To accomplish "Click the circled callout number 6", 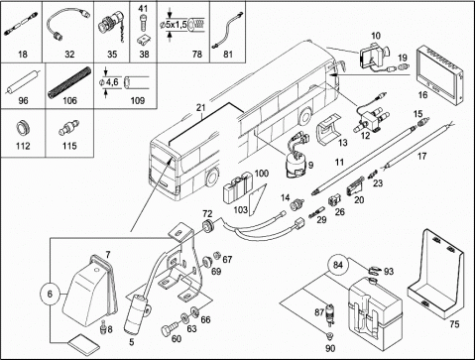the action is click(50, 294).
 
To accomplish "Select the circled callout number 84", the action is click(338, 265).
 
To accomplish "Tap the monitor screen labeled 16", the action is click(439, 75).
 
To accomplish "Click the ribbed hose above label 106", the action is click(69, 82).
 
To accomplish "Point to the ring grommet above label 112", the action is click(23, 128).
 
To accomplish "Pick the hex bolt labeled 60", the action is click(169, 330).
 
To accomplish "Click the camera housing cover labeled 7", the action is click(90, 290).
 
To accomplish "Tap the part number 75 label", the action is click(454, 324).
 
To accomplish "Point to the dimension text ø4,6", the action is click(109, 81).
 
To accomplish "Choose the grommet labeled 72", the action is click(208, 225).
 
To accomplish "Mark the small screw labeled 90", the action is click(329, 336).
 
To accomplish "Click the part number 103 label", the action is click(241, 209).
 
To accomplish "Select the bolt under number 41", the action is click(144, 23).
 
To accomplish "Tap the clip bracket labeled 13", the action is click(328, 130).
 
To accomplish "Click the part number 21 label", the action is click(201, 108).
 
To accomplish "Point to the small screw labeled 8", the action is click(103, 326).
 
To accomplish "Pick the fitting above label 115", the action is click(69, 128).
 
